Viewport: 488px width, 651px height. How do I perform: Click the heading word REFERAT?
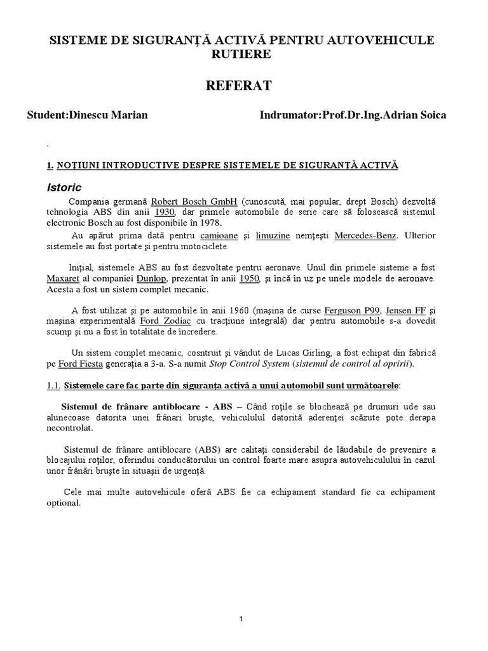243,85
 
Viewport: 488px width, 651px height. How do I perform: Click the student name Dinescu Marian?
117,116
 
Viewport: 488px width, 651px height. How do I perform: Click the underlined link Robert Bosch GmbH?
194,202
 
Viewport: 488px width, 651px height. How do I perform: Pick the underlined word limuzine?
273,235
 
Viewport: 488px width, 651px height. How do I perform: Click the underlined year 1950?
250,278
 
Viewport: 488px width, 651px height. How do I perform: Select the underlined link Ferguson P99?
352,310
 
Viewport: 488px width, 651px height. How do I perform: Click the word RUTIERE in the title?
243,54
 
